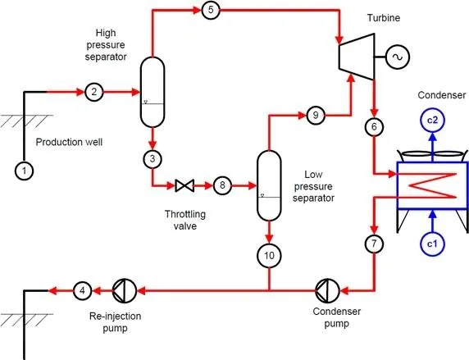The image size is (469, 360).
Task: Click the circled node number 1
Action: [x=25, y=171]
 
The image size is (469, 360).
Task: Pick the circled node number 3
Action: [x=152, y=157]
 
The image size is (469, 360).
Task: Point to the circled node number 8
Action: [x=221, y=185]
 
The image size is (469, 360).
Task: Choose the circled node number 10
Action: [x=269, y=256]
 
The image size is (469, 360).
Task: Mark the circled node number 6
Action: [x=375, y=126]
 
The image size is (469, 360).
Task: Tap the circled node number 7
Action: [x=375, y=244]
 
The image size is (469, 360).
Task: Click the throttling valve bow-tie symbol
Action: [x=184, y=186]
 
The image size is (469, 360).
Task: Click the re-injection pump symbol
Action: [x=121, y=289]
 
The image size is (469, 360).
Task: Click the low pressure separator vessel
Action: [x=269, y=185]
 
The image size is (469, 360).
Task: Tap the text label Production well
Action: [x=67, y=142]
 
